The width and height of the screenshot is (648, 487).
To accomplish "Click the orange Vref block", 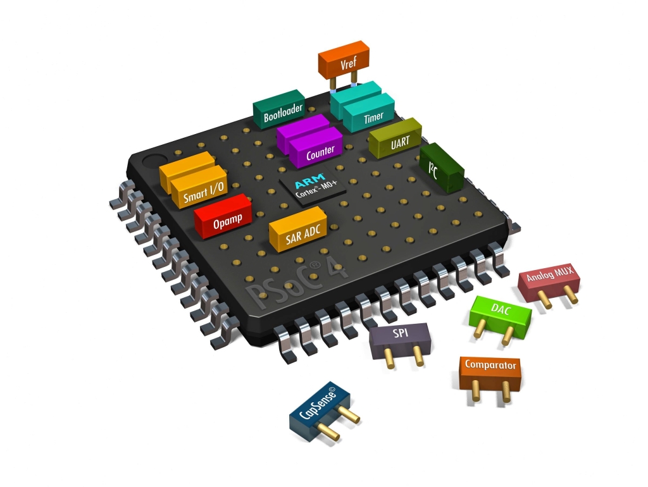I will (x=344, y=60).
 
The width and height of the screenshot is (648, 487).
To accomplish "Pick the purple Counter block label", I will (x=320, y=154).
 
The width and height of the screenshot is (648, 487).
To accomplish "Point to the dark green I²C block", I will (x=442, y=168).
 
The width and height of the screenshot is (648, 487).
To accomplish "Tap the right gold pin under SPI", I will (x=417, y=357).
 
